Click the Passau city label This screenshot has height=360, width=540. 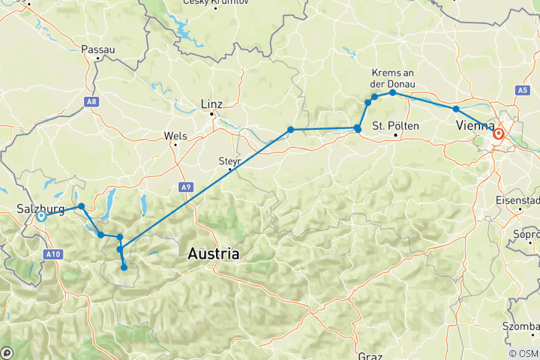[x=98, y=49]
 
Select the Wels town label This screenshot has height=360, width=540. [x=175, y=136]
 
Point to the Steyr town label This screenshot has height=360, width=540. [x=227, y=159]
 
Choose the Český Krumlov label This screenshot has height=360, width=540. [x=215, y=4]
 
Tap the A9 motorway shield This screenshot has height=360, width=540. [x=184, y=187]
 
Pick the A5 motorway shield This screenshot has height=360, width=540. [x=522, y=90]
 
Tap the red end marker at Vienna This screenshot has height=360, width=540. [x=498, y=134]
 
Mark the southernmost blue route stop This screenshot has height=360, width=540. [x=124, y=267]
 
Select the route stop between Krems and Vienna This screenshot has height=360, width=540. [x=456, y=109]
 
